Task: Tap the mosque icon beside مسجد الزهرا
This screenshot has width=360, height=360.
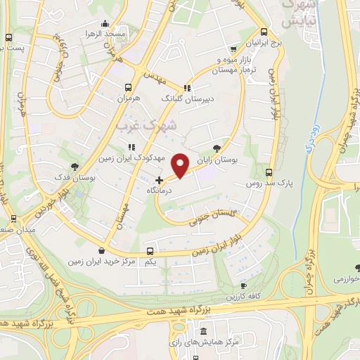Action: point(105,23)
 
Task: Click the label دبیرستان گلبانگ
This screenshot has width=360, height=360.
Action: point(186,99)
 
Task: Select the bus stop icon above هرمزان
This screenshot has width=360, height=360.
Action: point(128,87)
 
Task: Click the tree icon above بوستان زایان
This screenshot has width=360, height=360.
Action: point(215,148)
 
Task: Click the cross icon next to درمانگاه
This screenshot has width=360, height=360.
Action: point(159,180)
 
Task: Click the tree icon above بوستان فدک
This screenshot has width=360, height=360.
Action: point(74,166)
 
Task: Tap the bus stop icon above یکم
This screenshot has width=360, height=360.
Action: point(150,251)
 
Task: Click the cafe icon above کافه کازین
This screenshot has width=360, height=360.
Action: point(243,286)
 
